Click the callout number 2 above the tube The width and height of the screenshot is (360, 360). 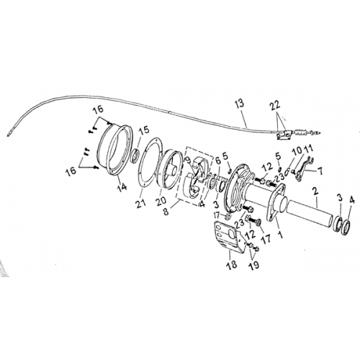pos(314,192)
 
